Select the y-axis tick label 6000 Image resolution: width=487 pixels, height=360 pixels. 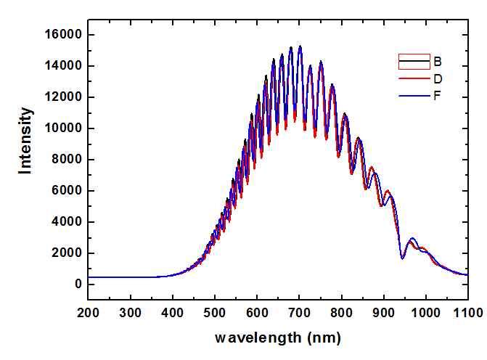pyautogui.click(x=65, y=191)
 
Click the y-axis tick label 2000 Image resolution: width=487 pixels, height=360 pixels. pyautogui.click(x=65, y=253)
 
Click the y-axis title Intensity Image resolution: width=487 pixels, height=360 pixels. pyautogui.click(x=26, y=140)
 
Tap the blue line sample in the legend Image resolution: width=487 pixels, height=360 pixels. pyautogui.click(x=409, y=95)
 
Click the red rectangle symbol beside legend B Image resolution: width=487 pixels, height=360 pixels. pyautogui.click(x=409, y=61)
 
